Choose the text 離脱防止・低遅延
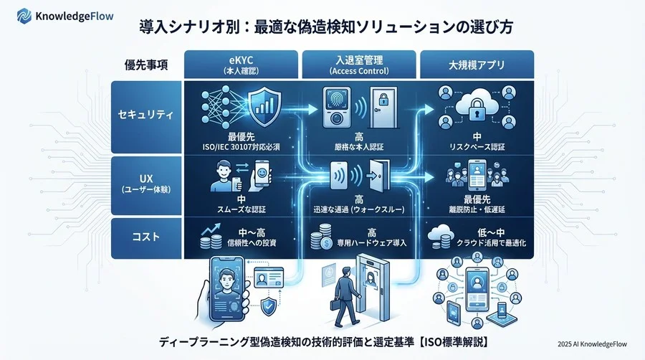point(477,210)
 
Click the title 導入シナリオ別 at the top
point(179,28)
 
